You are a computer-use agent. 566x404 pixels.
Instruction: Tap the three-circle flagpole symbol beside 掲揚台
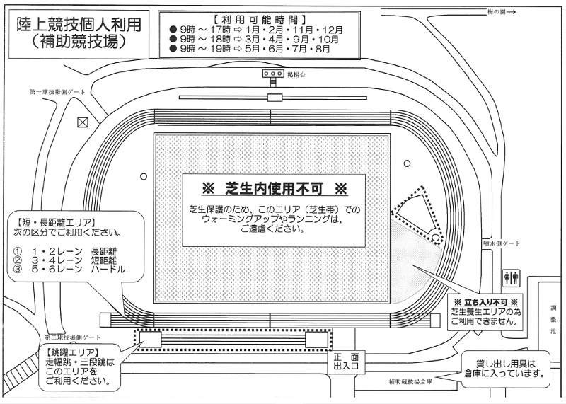272,74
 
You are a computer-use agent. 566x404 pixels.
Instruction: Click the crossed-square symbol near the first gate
83,122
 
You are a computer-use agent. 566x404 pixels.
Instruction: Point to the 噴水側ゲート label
502,243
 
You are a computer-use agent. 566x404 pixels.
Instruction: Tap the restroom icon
512,277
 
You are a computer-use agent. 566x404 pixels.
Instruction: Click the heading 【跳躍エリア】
70,352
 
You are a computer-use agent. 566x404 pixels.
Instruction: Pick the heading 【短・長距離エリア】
56,222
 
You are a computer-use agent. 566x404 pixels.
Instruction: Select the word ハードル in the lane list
108,270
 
